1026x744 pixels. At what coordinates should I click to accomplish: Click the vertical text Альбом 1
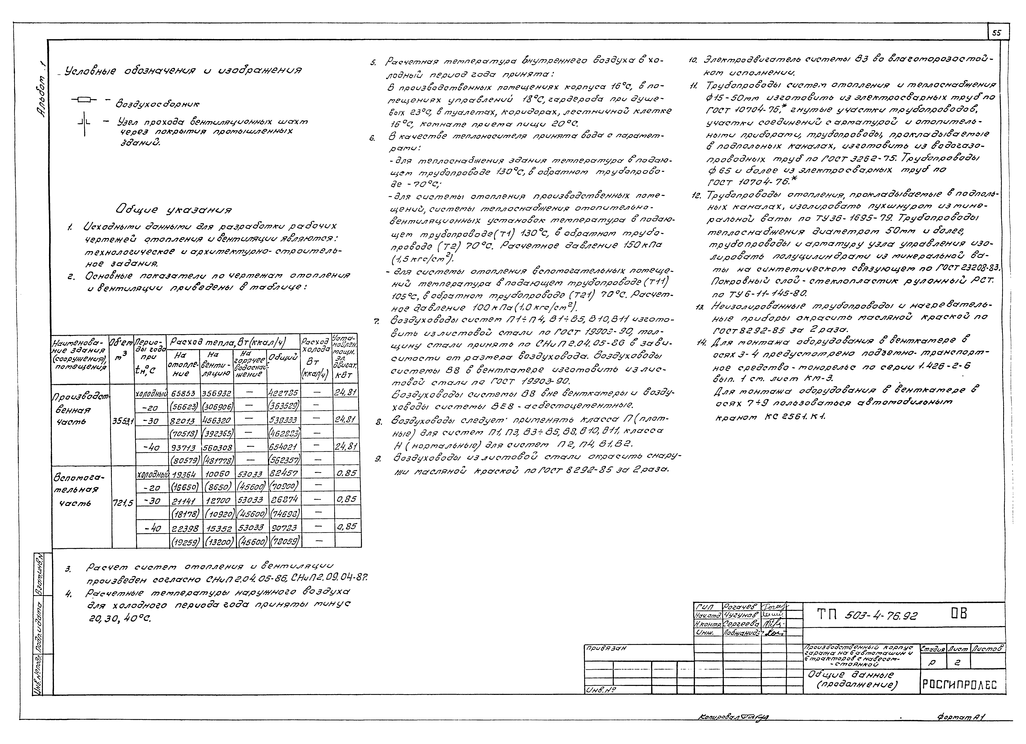coord(42,90)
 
